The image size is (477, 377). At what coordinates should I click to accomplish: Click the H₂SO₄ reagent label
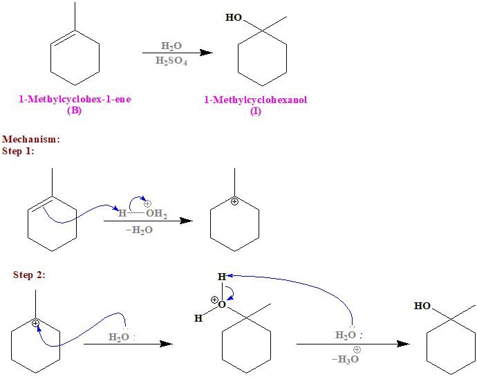coord(171,61)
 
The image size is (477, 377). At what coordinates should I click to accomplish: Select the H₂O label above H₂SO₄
coord(171,46)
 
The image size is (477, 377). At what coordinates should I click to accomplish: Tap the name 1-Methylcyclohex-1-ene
coord(75,100)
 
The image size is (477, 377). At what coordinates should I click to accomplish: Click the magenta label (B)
coord(74,110)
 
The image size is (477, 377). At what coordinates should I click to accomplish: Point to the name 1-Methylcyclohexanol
coord(255,100)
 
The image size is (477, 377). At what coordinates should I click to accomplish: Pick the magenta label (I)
coord(256,111)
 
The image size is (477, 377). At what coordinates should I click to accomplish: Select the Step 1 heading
coord(18,151)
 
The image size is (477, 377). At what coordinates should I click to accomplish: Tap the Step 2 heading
coord(29,275)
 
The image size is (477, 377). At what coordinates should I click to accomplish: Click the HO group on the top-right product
coord(234,17)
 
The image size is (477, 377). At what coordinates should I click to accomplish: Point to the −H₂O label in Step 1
coord(140,230)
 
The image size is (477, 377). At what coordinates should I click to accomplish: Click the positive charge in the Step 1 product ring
coord(234,201)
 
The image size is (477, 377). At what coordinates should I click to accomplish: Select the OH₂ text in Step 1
coord(156,214)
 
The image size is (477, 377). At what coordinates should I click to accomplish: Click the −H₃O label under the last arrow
coord(346,359)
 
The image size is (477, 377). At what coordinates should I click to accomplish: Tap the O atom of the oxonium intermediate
coord(221,304)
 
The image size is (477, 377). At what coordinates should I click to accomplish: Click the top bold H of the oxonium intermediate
coord(221,277)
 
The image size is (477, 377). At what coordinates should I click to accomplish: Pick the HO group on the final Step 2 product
coord(422,305)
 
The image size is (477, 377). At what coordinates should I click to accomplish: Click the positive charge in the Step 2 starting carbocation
coord(35,323)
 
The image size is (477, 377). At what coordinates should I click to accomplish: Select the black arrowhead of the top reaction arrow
coord(205,53)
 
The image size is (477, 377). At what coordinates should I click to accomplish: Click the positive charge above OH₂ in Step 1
coord(147,203)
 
